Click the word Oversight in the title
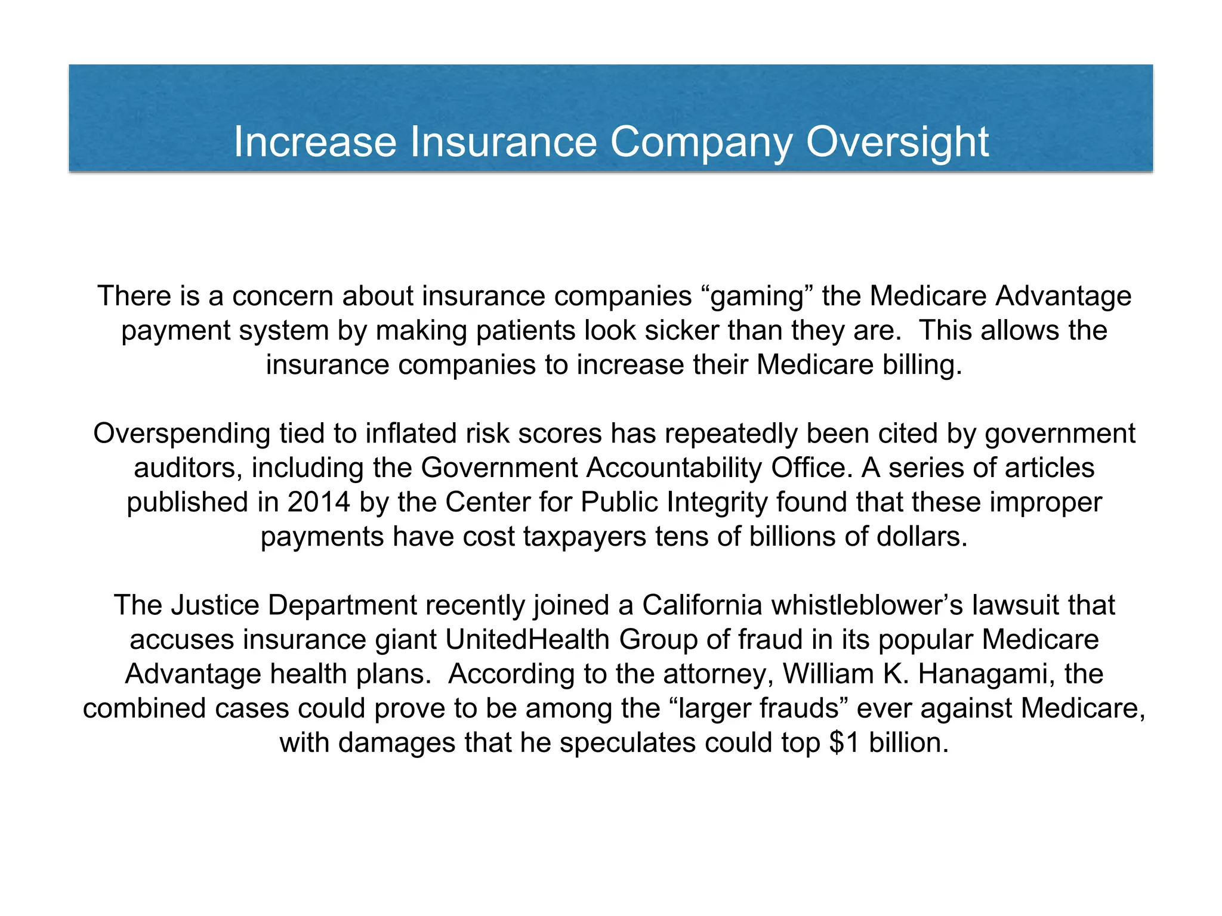point(897,143)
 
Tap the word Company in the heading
point(701,143)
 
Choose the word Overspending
point(181,434)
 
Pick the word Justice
point(215,605)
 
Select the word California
point(702,605)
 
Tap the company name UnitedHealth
point(527,640)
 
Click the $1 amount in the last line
point(844,743)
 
